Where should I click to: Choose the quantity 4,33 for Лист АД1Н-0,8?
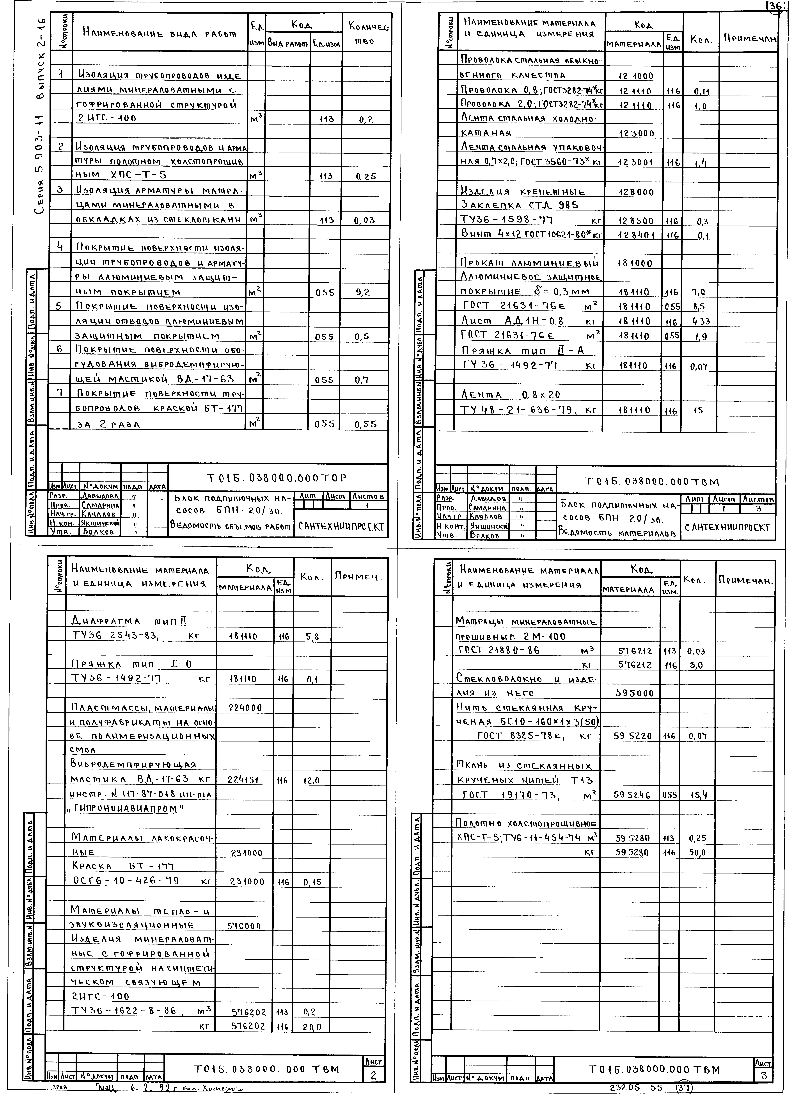pos(700,321)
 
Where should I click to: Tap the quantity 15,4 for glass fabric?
pos(697,795)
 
